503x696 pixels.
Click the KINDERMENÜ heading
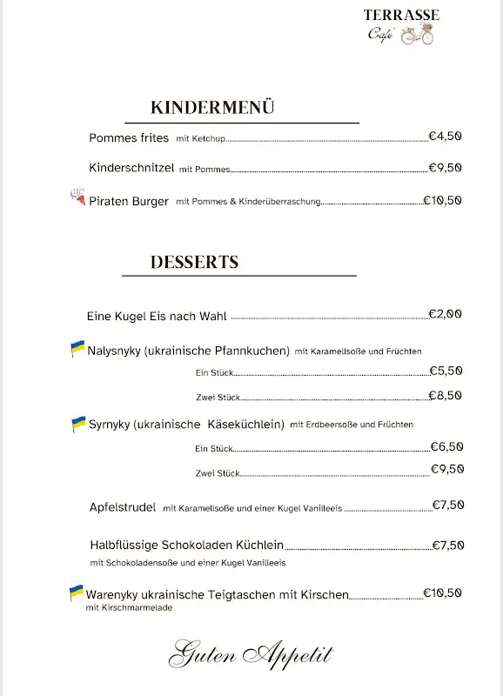[x=212, y=108]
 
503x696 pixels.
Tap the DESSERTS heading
[x=194, y=262]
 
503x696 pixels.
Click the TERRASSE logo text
[x=401, y=15]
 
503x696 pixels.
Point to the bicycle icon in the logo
[x=418, y=35]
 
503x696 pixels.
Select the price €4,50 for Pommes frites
[x=445, y=136]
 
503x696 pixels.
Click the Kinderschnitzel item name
[x=131, y=168]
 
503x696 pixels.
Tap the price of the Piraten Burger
[x=442, y=200]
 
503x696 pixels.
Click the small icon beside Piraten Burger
[x=77, y=198]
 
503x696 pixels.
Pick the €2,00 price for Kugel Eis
[x=445, y=314]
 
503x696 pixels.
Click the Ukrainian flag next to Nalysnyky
[x=77, y=349]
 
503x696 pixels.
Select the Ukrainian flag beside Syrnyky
[x=78, y=424]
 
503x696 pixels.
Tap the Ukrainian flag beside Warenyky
[x=77, y=592]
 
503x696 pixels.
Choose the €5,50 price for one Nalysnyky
[x=446, y=371]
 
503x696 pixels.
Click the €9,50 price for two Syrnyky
[x=446, y=469]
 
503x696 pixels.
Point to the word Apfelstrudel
[x=123, y=506]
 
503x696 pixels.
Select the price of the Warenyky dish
[x=442, y=593]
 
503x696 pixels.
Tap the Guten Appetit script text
[x=251, y=653]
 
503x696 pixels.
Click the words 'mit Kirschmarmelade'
[x=129, y=608]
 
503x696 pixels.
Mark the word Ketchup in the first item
[x=209, y=138]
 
